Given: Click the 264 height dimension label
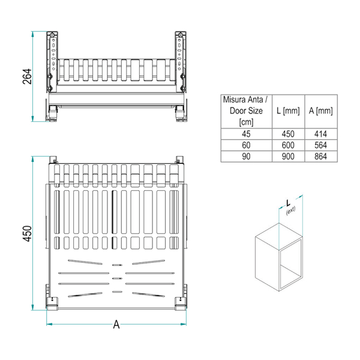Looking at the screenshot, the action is click(27, 76).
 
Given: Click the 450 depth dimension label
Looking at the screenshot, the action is click(27, 233).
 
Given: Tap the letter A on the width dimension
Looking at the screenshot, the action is click(116, 325).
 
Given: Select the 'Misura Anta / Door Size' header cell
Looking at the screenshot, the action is click(247, 111).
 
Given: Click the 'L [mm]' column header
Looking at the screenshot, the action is click(288, 111).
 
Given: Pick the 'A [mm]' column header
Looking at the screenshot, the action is click(321, 111).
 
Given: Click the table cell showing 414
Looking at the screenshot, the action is click(321, 134).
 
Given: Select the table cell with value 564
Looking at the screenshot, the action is click(321, 145).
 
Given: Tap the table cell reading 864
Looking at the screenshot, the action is click(321, 157).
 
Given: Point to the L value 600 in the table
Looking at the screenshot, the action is click(288, 145).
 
